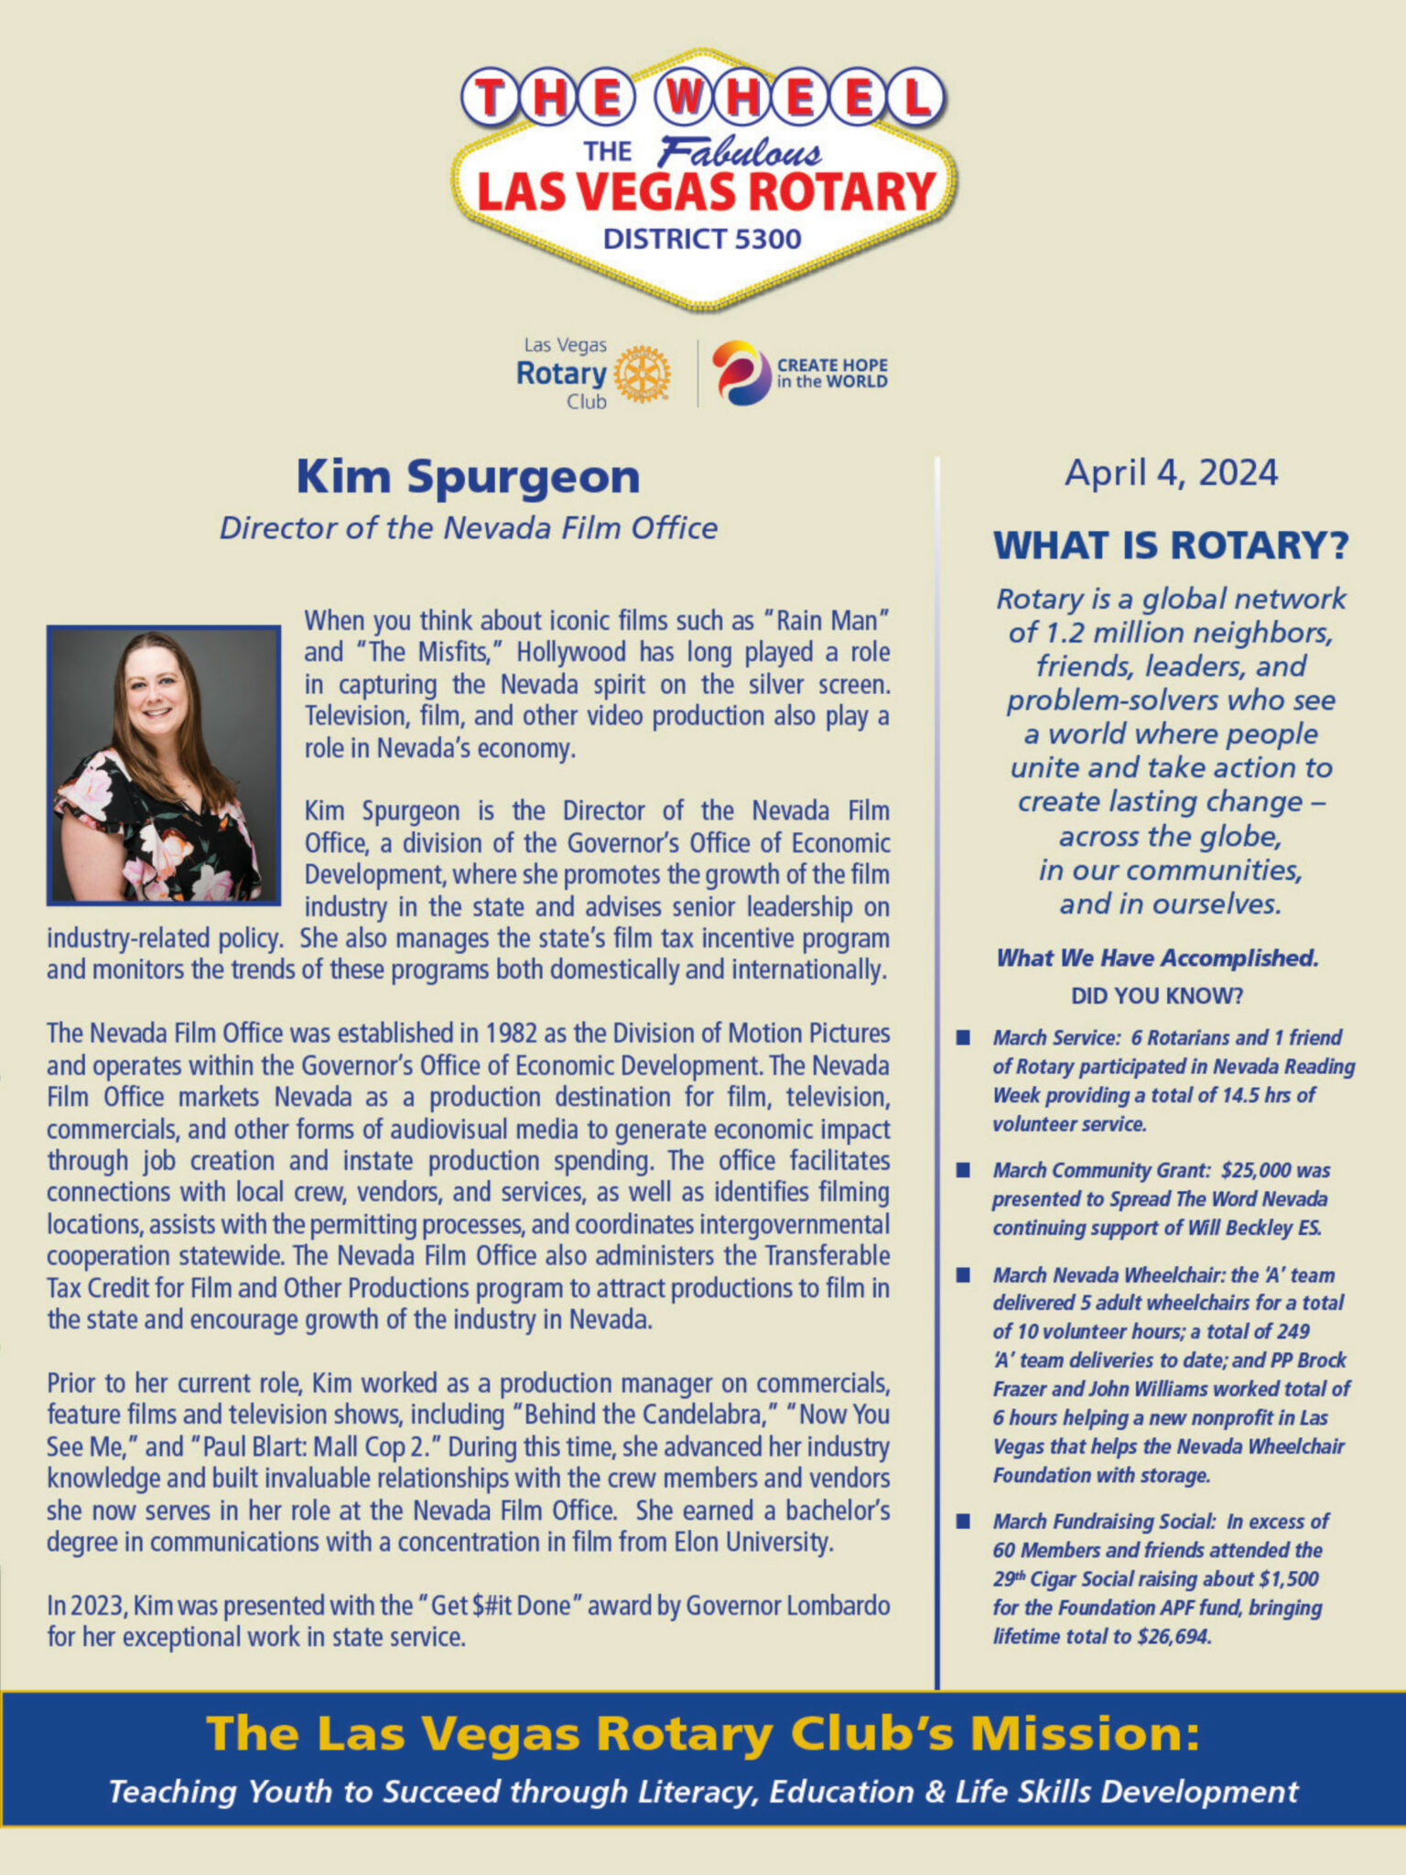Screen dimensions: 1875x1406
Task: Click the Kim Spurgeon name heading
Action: (468, 477)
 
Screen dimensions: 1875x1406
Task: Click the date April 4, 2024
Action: (1171, 473)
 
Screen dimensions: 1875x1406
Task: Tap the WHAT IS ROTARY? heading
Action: (1171, 546)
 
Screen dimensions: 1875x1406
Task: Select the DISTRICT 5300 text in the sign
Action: (702, 240)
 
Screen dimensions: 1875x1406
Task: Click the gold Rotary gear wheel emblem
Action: (642, 374)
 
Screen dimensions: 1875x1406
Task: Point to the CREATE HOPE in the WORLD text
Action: (832, 373)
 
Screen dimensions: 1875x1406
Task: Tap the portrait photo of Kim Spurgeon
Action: (164, 765)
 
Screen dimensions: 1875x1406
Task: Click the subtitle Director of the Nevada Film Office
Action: (468, 528)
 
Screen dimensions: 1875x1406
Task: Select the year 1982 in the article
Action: (513, 1034)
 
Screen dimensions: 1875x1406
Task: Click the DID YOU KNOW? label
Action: (1157, 996)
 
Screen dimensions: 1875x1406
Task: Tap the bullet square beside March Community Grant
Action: (963, 1170)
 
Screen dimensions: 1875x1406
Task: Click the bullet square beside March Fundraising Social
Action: (963, 1522)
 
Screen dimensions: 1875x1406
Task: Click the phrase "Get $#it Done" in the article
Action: (500, 1606)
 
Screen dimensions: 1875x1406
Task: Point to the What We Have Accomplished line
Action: (1157, 959)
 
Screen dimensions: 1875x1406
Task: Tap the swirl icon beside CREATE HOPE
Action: (741, 373)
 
